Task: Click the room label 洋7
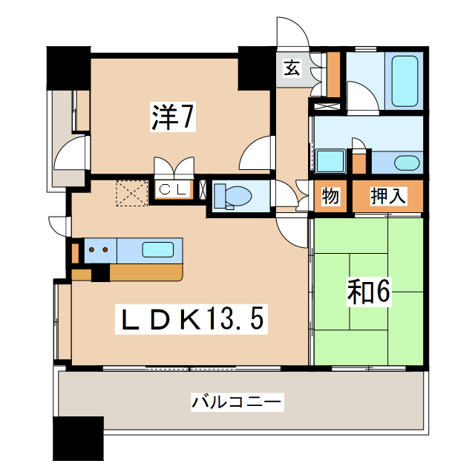tap(173, 117)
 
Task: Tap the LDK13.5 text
tap(191, 320)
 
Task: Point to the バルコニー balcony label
tap(237, 403)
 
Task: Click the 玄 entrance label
tap(292, 70)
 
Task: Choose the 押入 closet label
tap(388, 197)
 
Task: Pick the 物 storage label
tap(330, 197)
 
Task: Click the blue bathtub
tap(404, 81)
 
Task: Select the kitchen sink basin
tap(158, 249)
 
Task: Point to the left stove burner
tap(92, 249)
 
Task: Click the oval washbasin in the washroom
tap(406, 163)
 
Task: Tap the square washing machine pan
tap(329, 161)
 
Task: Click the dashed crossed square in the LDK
tap(131, 191)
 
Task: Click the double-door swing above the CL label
tap(173, 166)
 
